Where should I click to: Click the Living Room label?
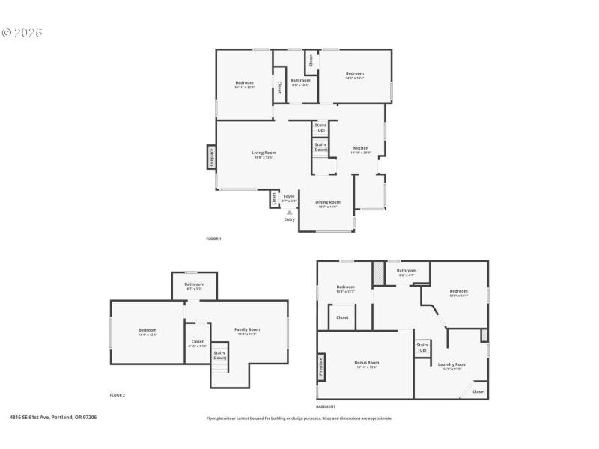pos(264,153)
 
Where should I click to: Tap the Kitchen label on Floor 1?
pos(361,148)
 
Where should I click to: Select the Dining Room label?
pos(327,202)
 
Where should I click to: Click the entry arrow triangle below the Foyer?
pos(289,213)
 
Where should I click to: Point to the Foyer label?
pos(288,196)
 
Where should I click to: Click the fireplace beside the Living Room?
pos(212,159)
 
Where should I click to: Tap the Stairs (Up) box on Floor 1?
pos(320,128)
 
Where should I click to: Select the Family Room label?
pos(247,329)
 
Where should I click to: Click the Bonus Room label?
pos(366,363)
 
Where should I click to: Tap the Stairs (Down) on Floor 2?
pos(219,355)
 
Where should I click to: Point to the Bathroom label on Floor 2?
pos(195,284)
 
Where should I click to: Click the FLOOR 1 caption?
pos(213,239)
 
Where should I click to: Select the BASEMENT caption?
pos(325,406)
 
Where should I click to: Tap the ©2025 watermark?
pos(22,33)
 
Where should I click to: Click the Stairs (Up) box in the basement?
pos(422,348)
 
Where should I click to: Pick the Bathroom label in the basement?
pos(407,271)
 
